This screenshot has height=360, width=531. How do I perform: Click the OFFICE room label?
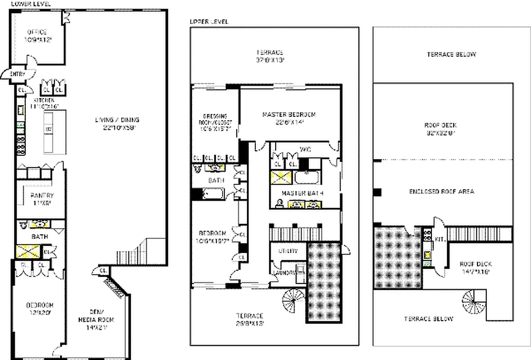(x=37, y=32)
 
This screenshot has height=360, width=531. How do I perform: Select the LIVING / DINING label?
(x=117, y=120)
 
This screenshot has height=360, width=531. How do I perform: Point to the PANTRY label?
(x=42, y=195)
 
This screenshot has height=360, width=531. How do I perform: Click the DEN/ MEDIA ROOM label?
(x=95, y=316)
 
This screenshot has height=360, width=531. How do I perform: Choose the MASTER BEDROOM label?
(x=289, y=115)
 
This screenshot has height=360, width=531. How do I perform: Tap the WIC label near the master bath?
(x=306, y=149)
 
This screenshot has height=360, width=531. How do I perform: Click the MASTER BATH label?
(x=303, y=193)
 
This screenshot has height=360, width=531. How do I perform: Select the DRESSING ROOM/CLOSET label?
(x=215, y=119)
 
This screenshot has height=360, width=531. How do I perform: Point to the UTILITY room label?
(x=288, y=251)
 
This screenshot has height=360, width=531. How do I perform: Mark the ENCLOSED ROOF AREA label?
(x=441, y=192)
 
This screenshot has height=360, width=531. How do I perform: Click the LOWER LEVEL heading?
(x=31, y=4)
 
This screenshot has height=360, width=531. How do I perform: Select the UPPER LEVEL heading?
(x=209, y=21)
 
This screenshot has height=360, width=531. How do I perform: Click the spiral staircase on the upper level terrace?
(x=294, y=300)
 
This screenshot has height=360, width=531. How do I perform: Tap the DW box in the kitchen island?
(x=48, y=129)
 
